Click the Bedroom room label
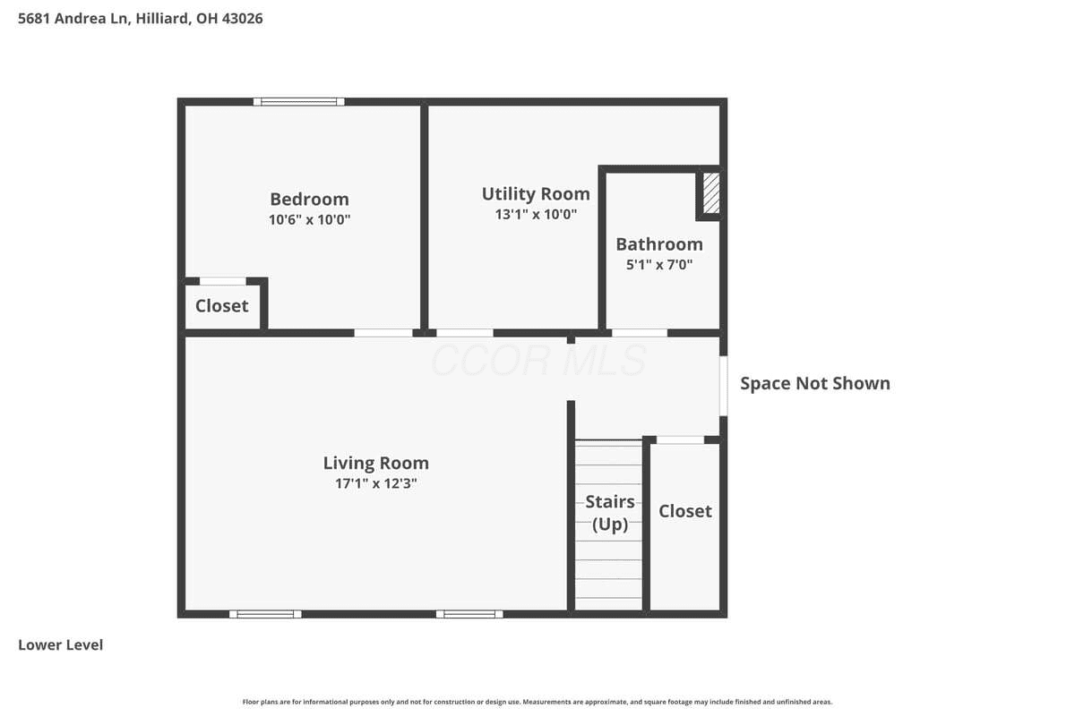(x=309, y=199)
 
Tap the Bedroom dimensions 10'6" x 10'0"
(x=310, y=219)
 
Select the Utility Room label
(x=536, y=194)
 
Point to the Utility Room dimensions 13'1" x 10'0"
(x=536, y=215)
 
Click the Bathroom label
(x=659, y=244)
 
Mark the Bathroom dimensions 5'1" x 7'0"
(x=659, y=265)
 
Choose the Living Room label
(x=375, y=464)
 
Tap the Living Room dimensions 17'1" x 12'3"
(x=375, y=483)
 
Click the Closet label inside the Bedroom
(x=222, y=306)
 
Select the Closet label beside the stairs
(x=684, y=511)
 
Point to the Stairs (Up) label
(x=610, y=513)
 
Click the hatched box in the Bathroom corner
(x=711, y=192)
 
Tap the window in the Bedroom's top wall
(x=298, y=102)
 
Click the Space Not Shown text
(x=815, y=384)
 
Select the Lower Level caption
(x=61, y=645)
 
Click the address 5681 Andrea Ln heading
(x=140, y=18)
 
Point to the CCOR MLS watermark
(x=538, y=361)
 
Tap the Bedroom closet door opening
(x=223, y=281)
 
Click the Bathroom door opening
(x=640, y=333)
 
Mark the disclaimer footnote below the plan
(x=537, y=702)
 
